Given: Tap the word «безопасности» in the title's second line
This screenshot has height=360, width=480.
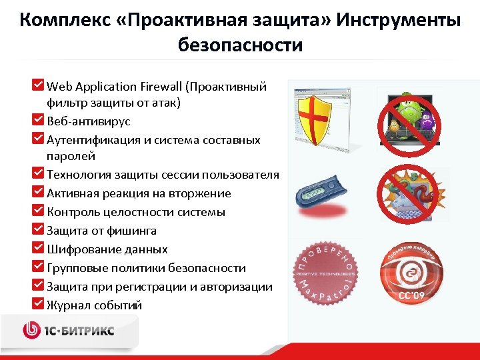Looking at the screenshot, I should (240, 45).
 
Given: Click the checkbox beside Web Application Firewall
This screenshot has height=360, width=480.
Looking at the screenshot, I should (38, 85).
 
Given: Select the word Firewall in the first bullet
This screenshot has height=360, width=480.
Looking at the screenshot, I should (160, 87).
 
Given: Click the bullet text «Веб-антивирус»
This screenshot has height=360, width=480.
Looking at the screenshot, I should (89, 121).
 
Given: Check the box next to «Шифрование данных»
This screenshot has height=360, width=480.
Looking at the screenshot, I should (38, 248).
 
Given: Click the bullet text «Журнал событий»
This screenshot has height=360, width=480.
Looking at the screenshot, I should (95, 305).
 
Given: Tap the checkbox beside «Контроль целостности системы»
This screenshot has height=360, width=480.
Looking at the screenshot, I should (38, 211).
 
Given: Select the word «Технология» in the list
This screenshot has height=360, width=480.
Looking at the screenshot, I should (77, 175).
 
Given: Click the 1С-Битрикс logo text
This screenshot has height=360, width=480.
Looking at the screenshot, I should (81, 330).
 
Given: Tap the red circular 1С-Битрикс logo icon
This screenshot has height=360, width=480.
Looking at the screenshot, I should (33, 330).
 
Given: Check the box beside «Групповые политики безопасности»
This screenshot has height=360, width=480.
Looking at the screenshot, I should (38, 267).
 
